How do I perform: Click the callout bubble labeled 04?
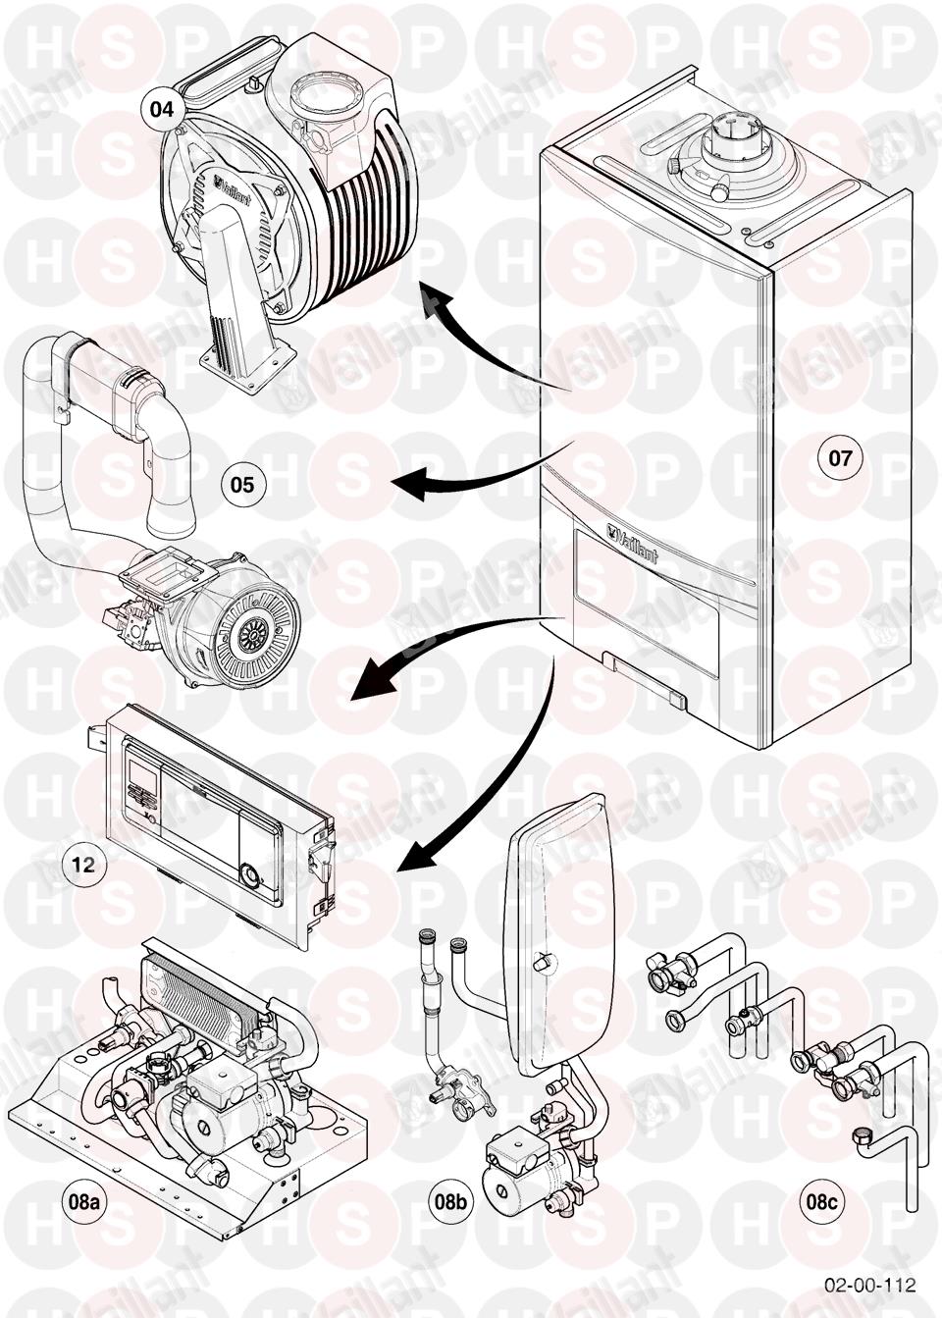tap(163, 108)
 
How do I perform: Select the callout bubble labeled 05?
tap(242, 484)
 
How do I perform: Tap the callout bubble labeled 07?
tap(841, 457)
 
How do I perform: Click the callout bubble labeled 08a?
tap(83, 1201)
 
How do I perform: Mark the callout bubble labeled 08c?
tap(822, 1201)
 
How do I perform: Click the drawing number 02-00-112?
tap(869, 1284)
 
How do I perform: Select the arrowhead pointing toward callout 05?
tap(405, 482)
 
